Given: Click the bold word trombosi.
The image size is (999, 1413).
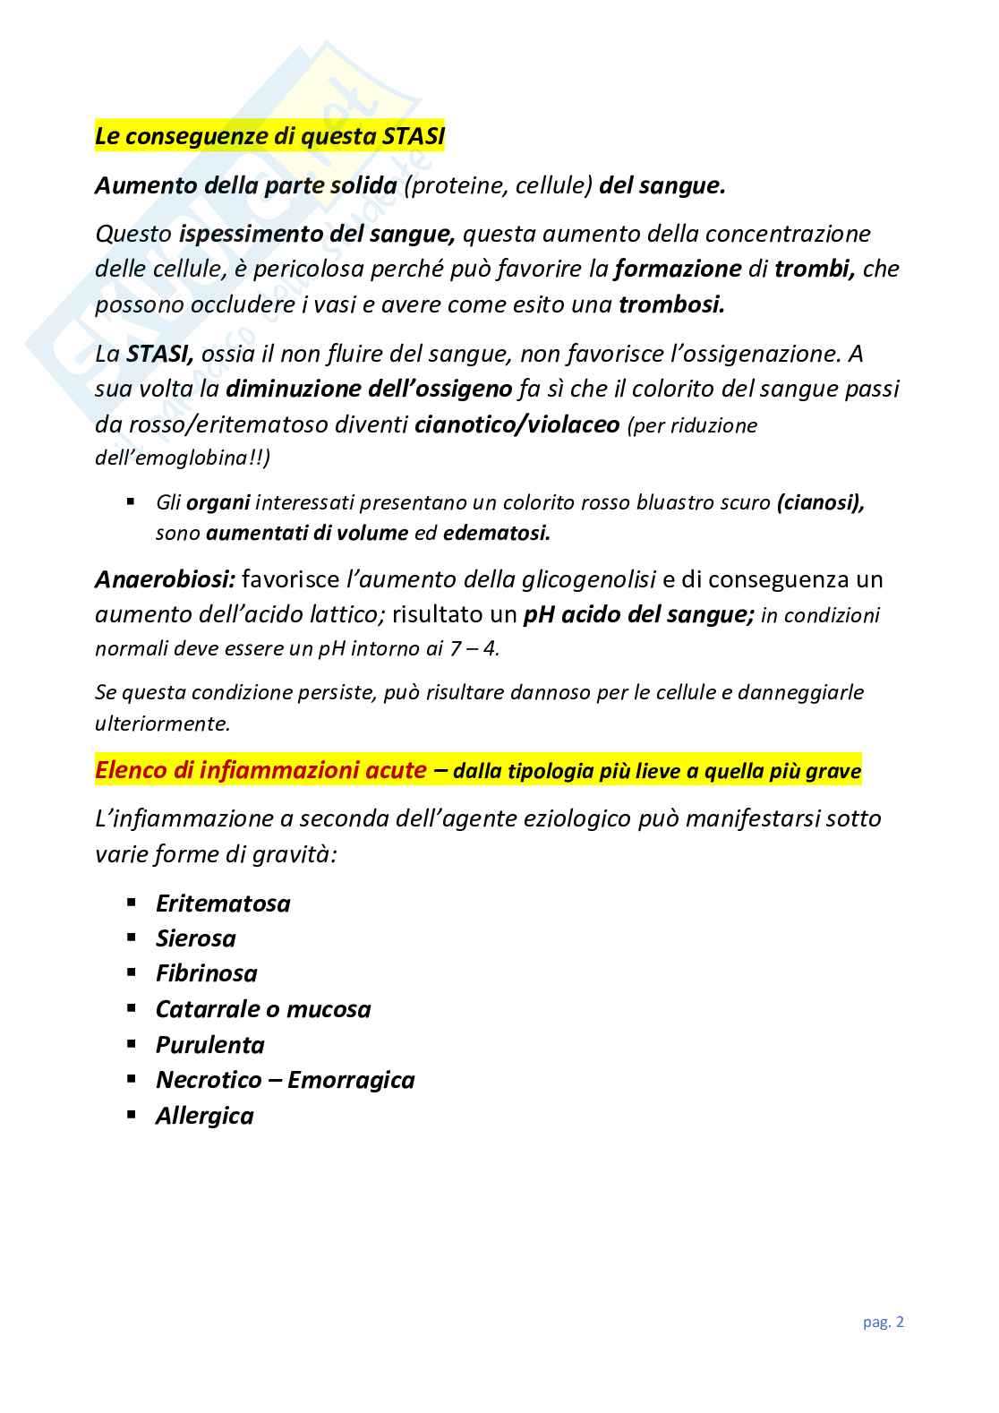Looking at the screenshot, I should click(671, 304).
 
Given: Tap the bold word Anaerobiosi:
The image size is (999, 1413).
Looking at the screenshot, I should click(164, 579).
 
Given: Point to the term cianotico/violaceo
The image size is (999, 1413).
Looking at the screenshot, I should click(517, 424).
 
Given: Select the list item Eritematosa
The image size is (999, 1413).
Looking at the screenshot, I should click(223, 903).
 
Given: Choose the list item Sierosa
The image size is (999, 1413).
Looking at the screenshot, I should click(195, 938).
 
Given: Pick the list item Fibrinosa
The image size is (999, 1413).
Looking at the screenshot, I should click(206, 973).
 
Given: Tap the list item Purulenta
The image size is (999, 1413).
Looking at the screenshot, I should click(209, 1045).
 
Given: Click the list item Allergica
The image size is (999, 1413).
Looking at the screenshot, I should click(204, 1116).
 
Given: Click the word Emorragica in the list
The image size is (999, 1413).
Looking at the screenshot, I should click(351, 1080).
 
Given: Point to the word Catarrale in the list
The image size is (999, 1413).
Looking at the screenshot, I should click(207, 1009).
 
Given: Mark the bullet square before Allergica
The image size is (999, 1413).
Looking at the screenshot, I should click(132, 1115).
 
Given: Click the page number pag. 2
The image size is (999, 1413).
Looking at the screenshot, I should click(884, 1322).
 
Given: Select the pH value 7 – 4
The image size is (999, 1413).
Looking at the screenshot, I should click(474, 648).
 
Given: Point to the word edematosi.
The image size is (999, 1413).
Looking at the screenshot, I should click(496, 533).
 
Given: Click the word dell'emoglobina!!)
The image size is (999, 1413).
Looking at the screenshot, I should click(183, 458).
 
